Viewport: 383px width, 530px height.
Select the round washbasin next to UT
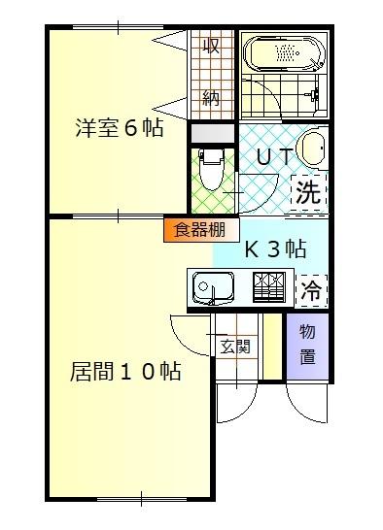312,149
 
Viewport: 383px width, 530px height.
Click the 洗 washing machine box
308,191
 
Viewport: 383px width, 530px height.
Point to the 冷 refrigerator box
310,288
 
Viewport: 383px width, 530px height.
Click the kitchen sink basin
212,288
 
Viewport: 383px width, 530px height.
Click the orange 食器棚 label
201,230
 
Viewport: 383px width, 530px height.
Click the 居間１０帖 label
126,371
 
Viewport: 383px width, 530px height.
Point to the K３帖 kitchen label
274,248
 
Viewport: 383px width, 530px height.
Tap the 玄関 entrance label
235,346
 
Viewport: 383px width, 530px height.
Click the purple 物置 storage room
307,344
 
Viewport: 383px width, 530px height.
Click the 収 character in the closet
211,46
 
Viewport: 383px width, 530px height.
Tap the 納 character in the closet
211,97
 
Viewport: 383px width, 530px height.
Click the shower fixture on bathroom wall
313,95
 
